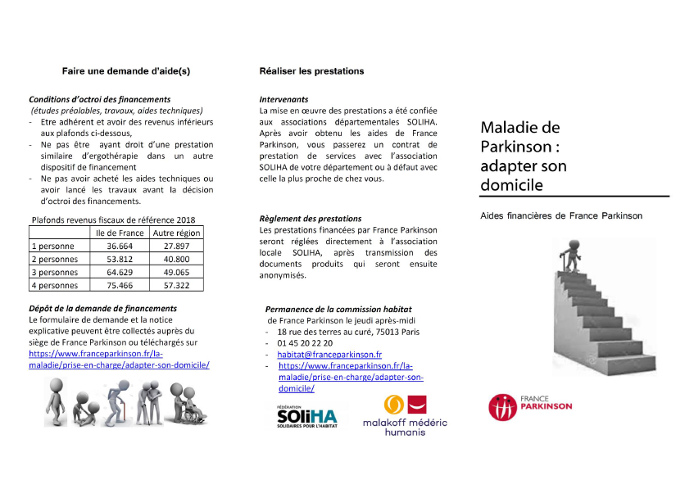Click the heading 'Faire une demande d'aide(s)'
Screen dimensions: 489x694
coord(126,71)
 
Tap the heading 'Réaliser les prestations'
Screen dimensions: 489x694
coord(311,71)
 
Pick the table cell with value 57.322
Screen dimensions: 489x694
coord(176,285)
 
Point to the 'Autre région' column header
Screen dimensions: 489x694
coord(176,233)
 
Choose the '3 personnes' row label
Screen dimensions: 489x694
coord(54,272)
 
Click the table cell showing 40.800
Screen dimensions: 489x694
coord(176,259)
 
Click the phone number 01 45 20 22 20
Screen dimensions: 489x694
coord(306,343)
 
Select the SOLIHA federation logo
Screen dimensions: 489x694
coord(307,416)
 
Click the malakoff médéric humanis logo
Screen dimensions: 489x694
coord(416,415)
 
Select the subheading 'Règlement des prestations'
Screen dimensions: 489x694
coord(310,219)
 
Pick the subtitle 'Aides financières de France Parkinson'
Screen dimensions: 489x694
coord(561,215)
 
